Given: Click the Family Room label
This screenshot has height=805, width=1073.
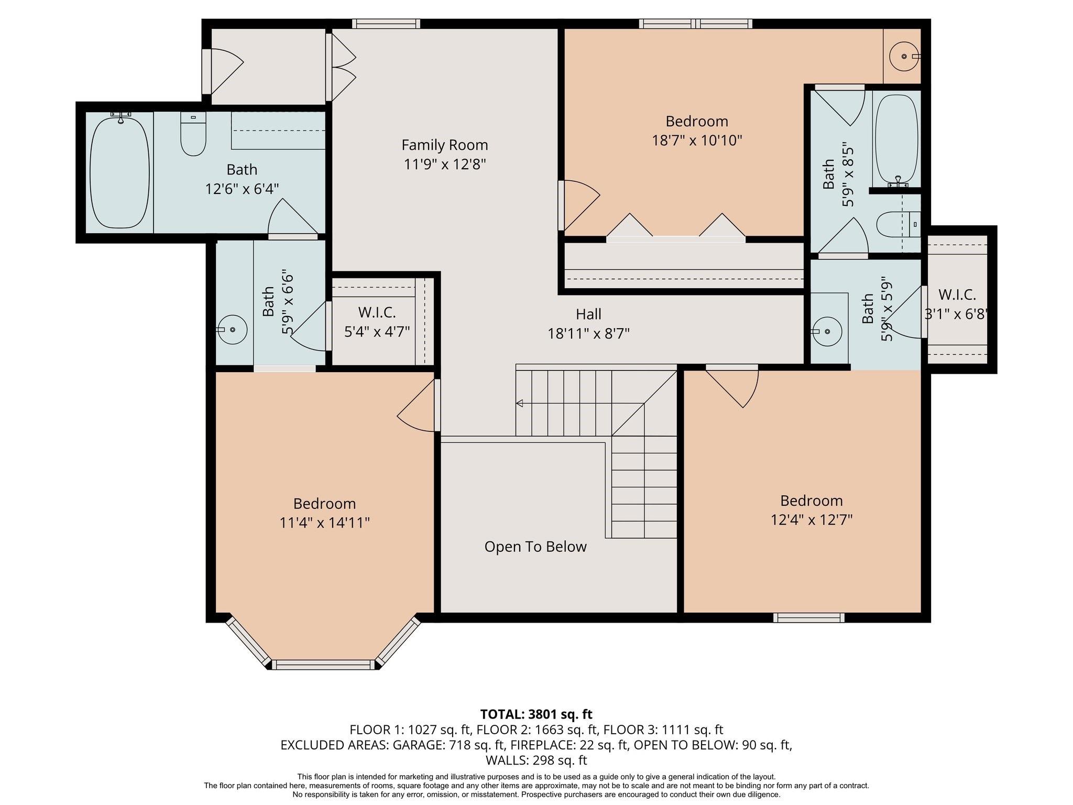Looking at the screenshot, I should point(444,145).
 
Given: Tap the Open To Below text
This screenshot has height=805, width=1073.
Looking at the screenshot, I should point(535,547).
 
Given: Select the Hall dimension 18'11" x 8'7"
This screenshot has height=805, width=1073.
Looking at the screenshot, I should point(588,333).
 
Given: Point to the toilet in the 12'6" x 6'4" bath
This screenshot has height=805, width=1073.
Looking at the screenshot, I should point(193,135).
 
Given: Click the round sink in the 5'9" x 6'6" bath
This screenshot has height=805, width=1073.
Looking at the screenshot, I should point(232,330).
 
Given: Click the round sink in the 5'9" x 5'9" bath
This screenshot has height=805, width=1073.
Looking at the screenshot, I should point(827,331).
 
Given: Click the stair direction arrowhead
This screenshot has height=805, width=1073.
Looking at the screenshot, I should point(519,403).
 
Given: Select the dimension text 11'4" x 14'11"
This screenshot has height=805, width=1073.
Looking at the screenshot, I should point(325,523).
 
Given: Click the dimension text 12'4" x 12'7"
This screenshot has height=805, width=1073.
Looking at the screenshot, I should point(811,520).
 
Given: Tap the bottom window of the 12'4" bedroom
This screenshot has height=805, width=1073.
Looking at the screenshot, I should point(808,618).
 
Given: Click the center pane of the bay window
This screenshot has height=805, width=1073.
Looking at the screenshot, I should point(324,665).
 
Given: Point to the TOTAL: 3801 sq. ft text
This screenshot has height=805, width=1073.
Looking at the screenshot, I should point(536,714).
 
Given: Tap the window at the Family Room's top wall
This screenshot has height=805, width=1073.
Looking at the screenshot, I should point(386,24).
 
